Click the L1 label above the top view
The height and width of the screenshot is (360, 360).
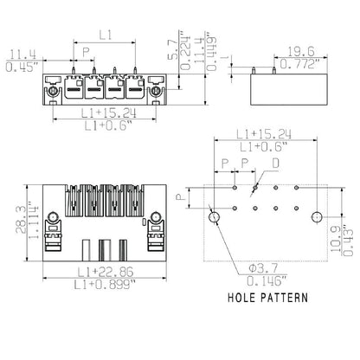click(x=104, y=35)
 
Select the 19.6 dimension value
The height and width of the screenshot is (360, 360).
click(x=302, y=50)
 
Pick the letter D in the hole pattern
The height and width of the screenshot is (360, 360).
click(x=275, y=163)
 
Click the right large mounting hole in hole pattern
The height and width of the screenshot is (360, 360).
click(x=318, y=216)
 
